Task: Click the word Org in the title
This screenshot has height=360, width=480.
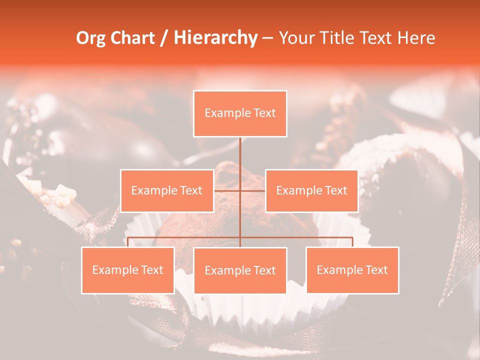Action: point(91,38)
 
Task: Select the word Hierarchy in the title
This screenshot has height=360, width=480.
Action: point(215,38)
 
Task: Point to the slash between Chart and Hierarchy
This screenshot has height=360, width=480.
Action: point(163,38)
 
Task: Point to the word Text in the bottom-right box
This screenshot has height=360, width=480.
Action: point(376,270)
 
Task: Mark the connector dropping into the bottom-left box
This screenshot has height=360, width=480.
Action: point(128,242)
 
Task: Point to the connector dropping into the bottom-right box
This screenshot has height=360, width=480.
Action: point(352,242)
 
